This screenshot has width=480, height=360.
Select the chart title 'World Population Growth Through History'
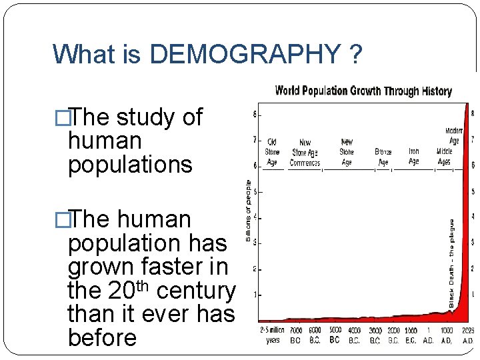[363, 91]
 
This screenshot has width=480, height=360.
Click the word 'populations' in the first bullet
[130, 164]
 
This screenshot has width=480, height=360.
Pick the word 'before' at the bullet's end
[102, 337]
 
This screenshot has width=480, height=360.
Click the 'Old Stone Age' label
[272, 151]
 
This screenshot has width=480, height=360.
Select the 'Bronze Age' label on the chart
[383, 157]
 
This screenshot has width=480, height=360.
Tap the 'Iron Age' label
[413, 156]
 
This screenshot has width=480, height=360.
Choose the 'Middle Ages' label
[443, 156]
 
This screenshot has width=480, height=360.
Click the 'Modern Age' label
[453, 135]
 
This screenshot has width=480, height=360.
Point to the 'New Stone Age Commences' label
[305, 153]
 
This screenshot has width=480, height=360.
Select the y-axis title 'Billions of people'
[249, 210]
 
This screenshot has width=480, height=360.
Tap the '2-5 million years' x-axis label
[271, 335]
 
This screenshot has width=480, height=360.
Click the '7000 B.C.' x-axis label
[296, 335]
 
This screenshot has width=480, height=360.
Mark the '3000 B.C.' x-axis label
[376, 335]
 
